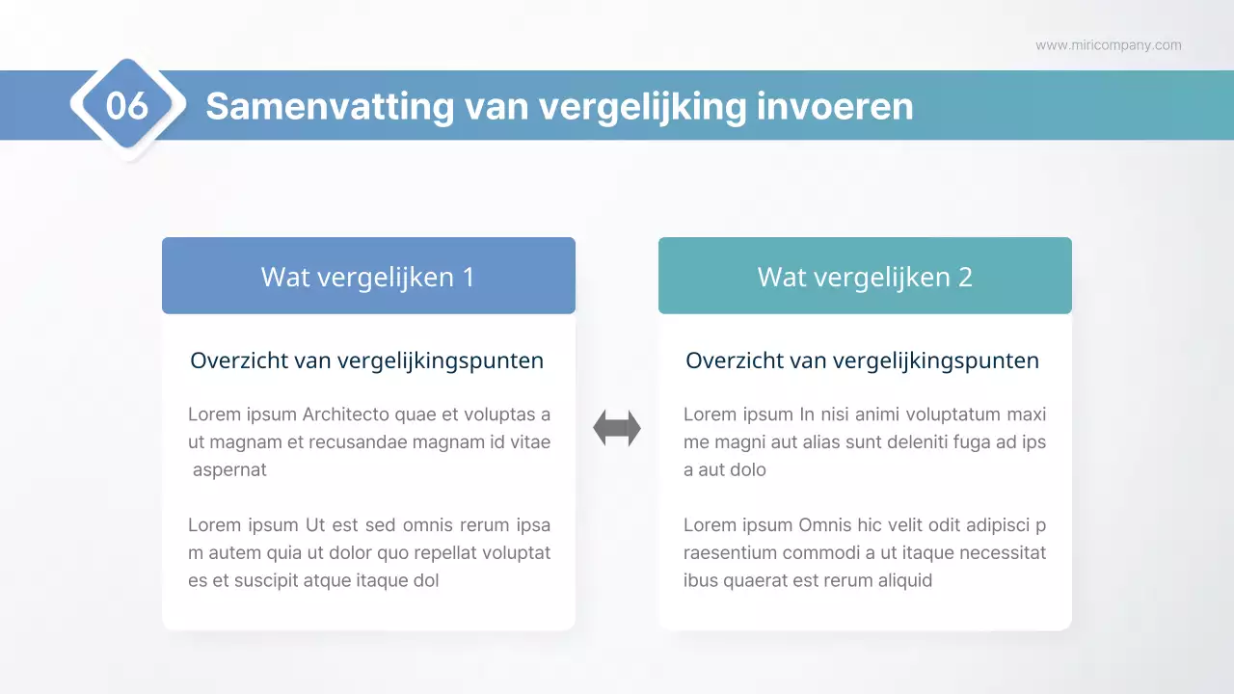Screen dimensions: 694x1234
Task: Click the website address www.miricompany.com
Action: pos(1108,45)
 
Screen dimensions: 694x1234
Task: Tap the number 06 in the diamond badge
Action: pos(127,106)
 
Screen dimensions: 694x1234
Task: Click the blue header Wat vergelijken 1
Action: pos(368,277)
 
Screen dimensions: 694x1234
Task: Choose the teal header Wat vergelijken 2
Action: pos(865,277)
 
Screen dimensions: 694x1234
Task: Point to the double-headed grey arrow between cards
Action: pos(617,428)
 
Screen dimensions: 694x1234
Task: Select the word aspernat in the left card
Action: pos(229,470)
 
